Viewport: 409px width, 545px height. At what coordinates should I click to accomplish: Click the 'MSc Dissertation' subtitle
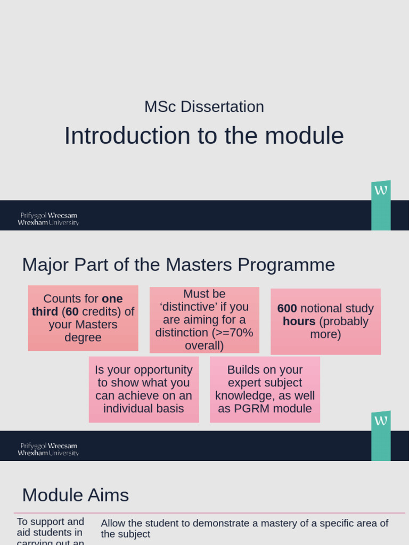coord(204,107)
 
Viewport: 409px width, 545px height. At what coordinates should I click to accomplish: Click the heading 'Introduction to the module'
coord(204,136)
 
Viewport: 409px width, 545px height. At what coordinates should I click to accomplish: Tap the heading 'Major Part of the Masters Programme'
coord(178,265)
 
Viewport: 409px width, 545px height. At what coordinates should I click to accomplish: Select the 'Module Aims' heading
coord(75,495)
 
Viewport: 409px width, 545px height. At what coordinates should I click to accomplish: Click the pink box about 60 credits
coord(83,318)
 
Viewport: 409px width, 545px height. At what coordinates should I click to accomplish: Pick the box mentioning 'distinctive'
coord(204,320)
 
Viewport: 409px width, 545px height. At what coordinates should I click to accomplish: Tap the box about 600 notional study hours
coord(325,321)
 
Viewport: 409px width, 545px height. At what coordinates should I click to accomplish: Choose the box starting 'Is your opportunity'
coord(144,389)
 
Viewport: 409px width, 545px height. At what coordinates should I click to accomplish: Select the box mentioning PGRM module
coord(265,389)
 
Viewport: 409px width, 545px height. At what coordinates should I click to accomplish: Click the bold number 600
coord(287,309)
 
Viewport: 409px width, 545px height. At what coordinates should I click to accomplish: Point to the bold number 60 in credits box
coord(72,312)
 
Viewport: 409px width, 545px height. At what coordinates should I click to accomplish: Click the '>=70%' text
coord(233,333)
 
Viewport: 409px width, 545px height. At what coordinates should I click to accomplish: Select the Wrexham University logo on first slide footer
coord(48,219)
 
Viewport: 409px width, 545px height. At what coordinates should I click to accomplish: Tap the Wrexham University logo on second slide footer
coord(48,449)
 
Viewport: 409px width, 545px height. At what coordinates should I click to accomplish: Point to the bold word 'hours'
coord(299,321)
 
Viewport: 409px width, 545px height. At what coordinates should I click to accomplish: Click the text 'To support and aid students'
coord(50,527)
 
